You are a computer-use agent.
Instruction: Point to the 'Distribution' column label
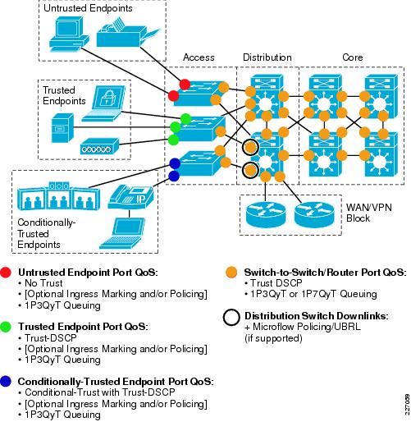[266, 57]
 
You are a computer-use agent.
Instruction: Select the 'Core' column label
[353, 57]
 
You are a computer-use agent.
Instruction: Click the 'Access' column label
[199, 57]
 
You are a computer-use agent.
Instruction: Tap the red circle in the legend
[8, 273]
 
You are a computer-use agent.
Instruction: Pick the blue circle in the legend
[8, 382]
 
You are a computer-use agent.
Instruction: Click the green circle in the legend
[8, 327]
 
